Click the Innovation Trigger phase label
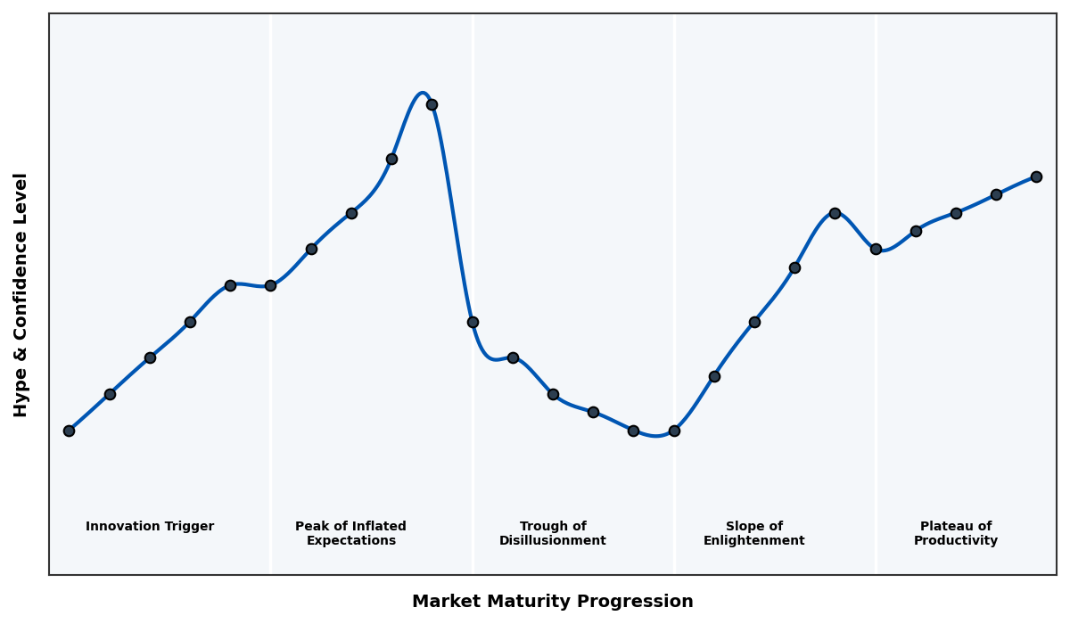coord(150,527)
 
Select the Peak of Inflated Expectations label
coord(350,534)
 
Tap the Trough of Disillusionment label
coord(552,534)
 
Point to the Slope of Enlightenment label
coord(753,534)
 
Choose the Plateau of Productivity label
coord(955,534)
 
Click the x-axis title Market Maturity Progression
coord(552,602)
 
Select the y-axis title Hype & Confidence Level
coord(21,294)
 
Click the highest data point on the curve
coord(432,104)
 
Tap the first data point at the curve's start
coord(69,431)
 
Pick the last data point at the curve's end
coord(1036,177)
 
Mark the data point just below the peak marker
coord(391,159)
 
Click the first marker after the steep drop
coord(473,322)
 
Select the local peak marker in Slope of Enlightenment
coord(835,213)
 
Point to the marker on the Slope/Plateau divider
coord(876,249)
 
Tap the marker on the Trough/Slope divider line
coord(674,431)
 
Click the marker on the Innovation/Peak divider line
coord(270,285)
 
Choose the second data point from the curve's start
coord(110,394)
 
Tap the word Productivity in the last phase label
coord(955,541)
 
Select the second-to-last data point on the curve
coord(996,194)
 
